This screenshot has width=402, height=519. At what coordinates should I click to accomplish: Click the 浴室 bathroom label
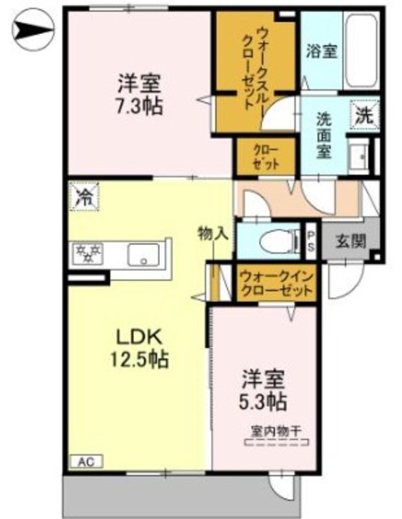[322, 50]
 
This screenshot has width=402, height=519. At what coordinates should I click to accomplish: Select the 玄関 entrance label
[351, 240]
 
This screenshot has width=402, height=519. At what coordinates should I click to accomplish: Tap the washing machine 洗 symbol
[365, 114]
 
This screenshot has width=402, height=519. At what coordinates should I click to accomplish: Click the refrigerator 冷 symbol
[83, 195]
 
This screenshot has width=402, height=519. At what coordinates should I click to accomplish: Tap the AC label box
[85, 461]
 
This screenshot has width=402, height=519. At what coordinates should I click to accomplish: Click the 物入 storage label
[213, 234]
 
